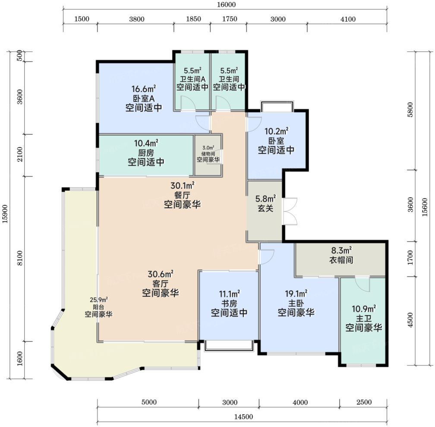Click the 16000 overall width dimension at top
click(x=227, y=5)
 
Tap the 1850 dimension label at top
click(x=193, y=19)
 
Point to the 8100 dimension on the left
click(x=20, y=258)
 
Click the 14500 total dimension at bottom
click(x=243, y=417)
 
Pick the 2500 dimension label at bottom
click(x=364, y=402)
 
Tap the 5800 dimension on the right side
click(x=410, y=110)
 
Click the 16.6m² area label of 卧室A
click(x=143, y=89)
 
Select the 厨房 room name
click(x=146, y=153)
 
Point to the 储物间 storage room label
click(x=208, y=154)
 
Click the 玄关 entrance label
click(x=265, y=208)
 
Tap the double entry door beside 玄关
click(x=290, y=212)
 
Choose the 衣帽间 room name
click(x=341, y=260)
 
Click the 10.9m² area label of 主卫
click(x=364, y=308)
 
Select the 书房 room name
click(x=229, y=303)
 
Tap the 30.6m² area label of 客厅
click(x=161, y=274)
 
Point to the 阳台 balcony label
click(x=98, y=307)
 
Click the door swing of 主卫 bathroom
click(x=362, y=284)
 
